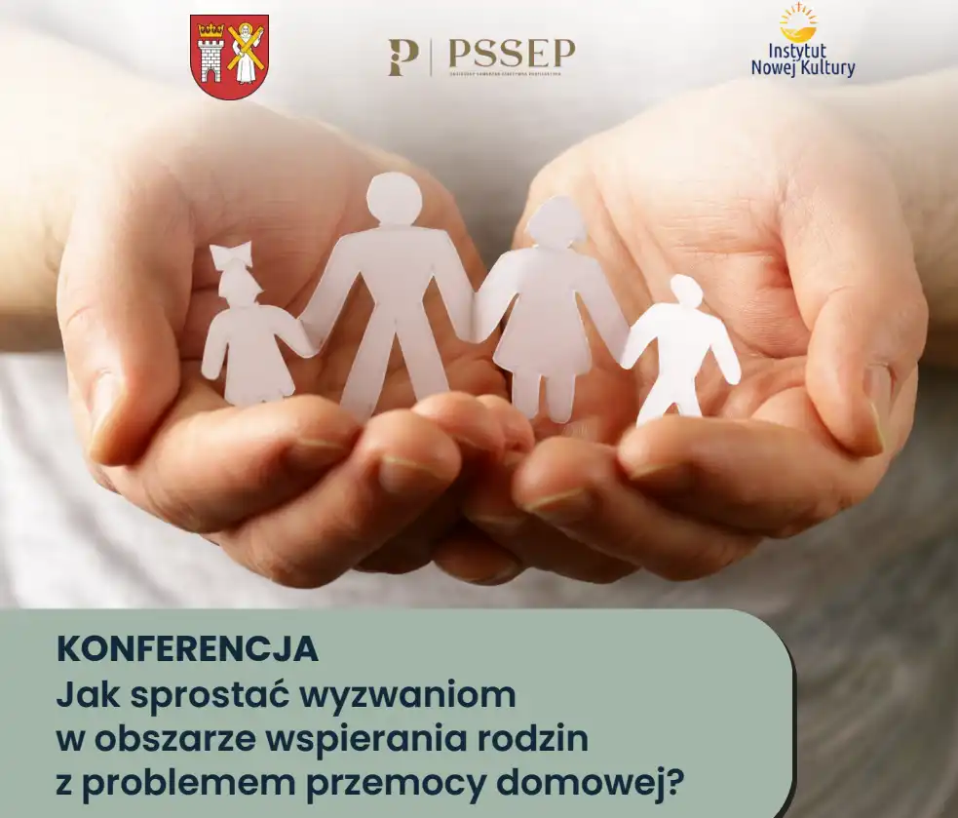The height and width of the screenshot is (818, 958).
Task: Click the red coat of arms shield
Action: click(229, 57)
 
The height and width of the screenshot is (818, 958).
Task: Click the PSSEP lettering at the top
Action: click(511, 53)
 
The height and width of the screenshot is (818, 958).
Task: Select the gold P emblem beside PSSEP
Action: click(402, 58)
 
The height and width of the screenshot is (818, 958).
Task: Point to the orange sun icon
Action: click(798, 22)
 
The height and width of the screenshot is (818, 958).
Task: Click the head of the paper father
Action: click(394, 199)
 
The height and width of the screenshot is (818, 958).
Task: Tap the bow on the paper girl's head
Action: click(232, 255)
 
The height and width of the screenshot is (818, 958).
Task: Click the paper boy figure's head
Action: click(686, 291)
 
